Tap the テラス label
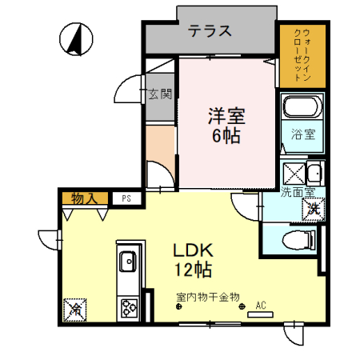(210, 31)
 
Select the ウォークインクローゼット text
(302, 55)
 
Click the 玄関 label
(160, 94)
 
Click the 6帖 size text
(226, 135)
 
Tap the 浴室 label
(302, 135)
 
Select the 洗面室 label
(297, 193)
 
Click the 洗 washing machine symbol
(314, 210)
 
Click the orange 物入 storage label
(83, 197)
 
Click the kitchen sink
(127, 262)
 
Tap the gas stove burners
(127, 306)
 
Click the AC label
(260, 305)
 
